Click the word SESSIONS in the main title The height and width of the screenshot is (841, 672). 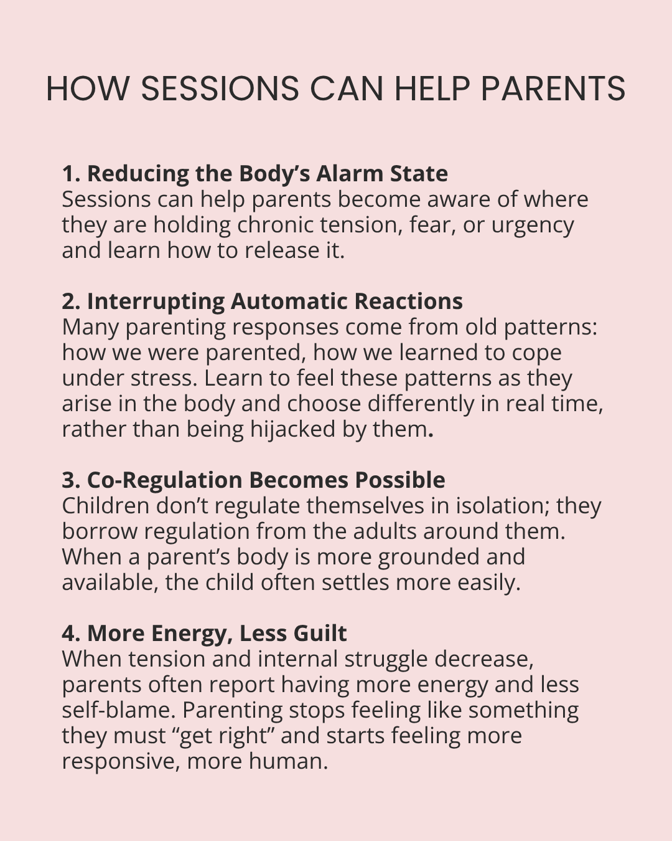click(x=219, y=88)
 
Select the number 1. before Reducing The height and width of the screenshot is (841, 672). click(x=71, y=174)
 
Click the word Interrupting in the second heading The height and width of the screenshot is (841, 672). click(x=156, y=302)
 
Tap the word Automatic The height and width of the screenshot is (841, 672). click(x=289, y=302)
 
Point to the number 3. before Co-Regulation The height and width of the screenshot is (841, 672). click(x=71, y=480)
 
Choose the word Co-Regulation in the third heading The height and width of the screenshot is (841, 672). click(x=164, y=481)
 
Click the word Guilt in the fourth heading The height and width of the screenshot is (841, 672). click(x=320, y=634)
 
